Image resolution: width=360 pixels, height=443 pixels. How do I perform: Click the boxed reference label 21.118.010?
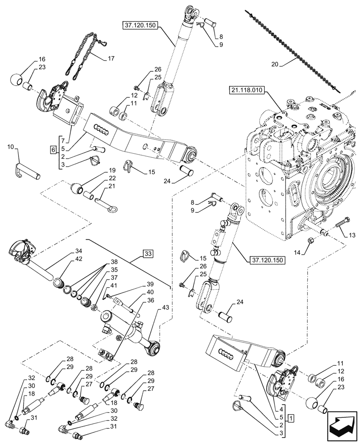(247, 90)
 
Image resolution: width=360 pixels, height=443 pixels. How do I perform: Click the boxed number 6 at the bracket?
(54, 150)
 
